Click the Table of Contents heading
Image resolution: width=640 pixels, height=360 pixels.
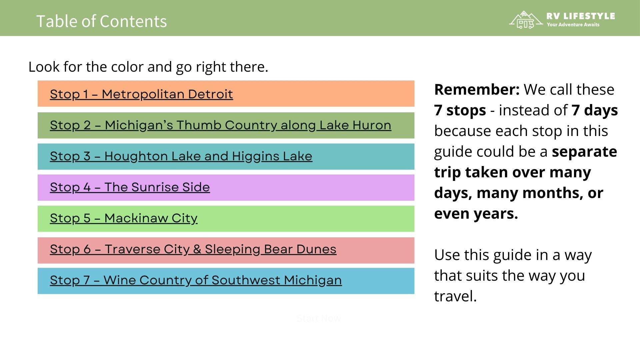pyautogui.click(x=101, y=21)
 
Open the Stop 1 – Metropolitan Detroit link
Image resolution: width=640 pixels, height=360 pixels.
pyautogui.click(x=141, y=94)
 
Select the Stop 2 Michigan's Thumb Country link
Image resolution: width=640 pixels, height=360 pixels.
pyautogui.click(x=220, y=125)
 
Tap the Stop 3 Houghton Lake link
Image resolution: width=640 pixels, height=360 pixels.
pyautogui.click(x=181, y=156)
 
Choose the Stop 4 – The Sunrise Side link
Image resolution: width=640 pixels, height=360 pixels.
pyautogui.click(x=130, y=187)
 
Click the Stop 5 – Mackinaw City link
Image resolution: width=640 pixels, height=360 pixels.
pyautogui.click(x=124, y=218)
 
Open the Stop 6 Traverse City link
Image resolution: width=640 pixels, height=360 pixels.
pyautogui.click(x=193, y=249)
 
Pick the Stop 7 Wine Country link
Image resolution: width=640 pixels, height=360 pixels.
pyautogui.click(x=196, y=280)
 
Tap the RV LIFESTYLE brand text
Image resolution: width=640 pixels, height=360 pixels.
pyautogui.click(x=580, y=16)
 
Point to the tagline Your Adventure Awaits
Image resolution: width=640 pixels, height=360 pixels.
pyautogui.click(x=573, y=25)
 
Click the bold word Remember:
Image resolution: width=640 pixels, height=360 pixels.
pyautogui.click(x=477, y=89)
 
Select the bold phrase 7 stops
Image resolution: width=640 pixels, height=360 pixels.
pyautogui.click(x=460, y=110)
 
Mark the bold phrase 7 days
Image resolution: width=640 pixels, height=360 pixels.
pyautogui.click(x=594, y=110)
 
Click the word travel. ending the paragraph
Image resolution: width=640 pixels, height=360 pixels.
pyautogui.click(x=455, y=296)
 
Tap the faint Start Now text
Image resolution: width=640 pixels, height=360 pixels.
pyautogui.click(x=319, y=318)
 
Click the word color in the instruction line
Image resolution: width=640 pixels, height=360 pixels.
pyautogui.click(x=127, y=67)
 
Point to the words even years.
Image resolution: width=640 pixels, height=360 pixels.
pyautogui.click(x=476, y=213)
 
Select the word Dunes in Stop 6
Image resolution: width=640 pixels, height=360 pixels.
pyautogui.click(x=316, y=249)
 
